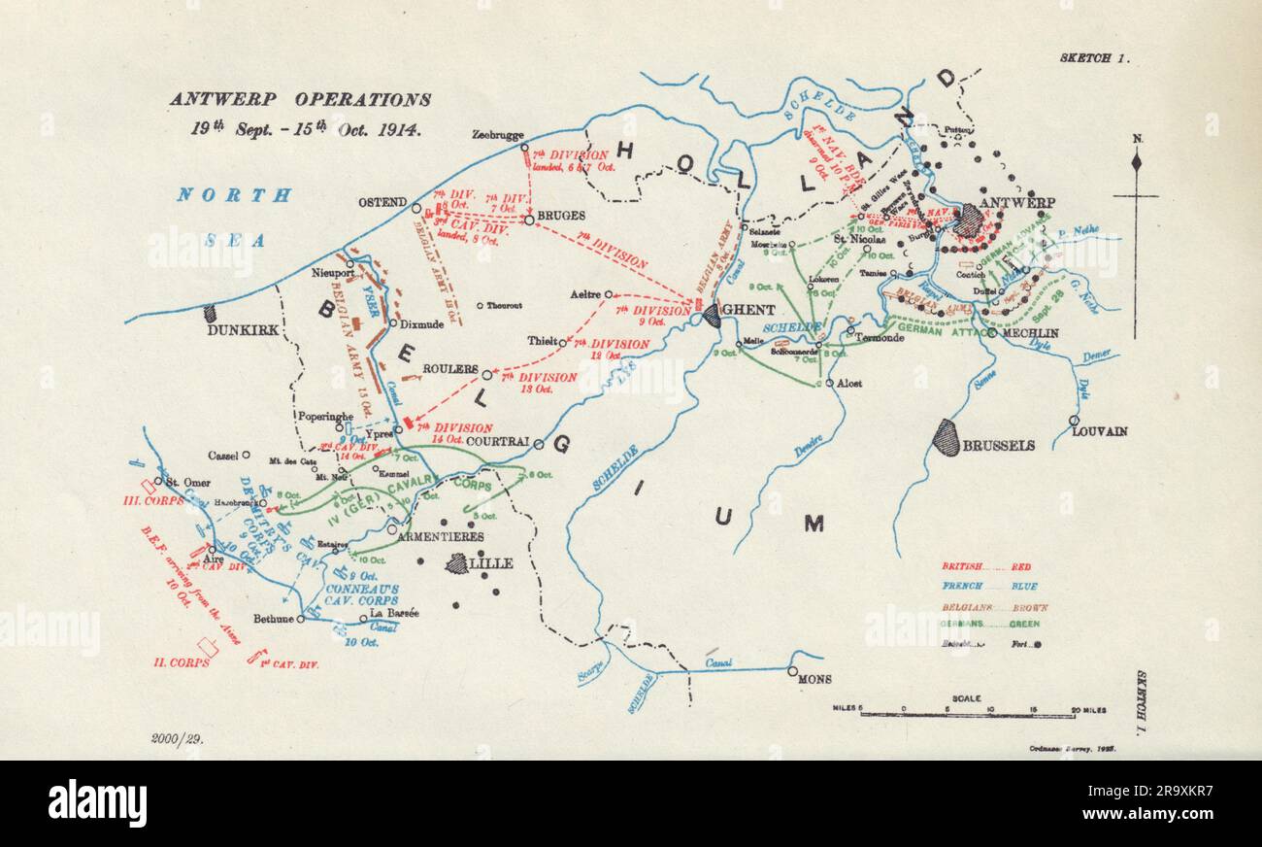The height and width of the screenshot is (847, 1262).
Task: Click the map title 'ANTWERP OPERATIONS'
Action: pos(301,99)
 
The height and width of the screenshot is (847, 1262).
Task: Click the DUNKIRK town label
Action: pos(243,330)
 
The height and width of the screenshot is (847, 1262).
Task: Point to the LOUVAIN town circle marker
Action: pos(1074,421)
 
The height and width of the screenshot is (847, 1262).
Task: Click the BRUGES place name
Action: pos(560,216)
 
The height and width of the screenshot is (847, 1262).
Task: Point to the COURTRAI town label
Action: pos(497,441)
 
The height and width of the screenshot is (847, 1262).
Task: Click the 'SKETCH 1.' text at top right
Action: pos(1094,58)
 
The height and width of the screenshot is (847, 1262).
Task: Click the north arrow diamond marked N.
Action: pos(1137,161)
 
